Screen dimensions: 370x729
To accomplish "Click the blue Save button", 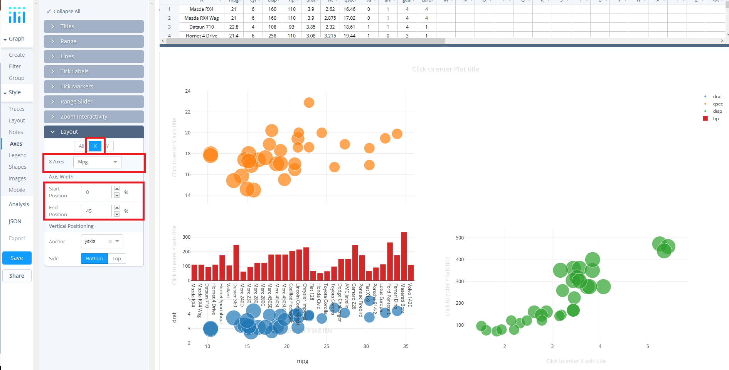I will click(17, 258).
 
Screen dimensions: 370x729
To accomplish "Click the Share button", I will click(17, 276).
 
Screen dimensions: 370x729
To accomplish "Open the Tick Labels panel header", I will click(94, 71).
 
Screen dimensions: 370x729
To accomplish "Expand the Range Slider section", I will click(94, 102).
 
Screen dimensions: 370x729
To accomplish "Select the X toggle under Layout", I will click(95, 146).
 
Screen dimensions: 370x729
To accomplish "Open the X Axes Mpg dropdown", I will click(97, 162).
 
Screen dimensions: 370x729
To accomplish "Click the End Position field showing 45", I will click(96, 211).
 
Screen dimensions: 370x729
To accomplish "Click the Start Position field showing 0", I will click(96, 192).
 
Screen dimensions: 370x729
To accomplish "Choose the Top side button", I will click(116, 258).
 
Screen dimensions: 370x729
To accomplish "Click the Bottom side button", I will click(94, 258).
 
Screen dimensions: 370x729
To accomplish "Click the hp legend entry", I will click(716, 119).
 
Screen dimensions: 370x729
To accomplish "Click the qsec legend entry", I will click(717, 104).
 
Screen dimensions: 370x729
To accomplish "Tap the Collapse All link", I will click(67, 11).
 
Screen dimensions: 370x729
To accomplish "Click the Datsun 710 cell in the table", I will click(201, 27).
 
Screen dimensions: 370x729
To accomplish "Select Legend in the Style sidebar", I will click(18, 155).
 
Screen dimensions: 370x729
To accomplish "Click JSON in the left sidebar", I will click(15, 221).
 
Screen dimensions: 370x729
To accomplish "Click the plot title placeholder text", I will click(445, 69).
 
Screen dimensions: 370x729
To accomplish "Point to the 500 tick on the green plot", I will click(460, 238).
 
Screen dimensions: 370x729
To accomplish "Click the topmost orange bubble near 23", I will click(309, 102).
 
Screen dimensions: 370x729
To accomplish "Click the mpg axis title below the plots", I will click(302, 361).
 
